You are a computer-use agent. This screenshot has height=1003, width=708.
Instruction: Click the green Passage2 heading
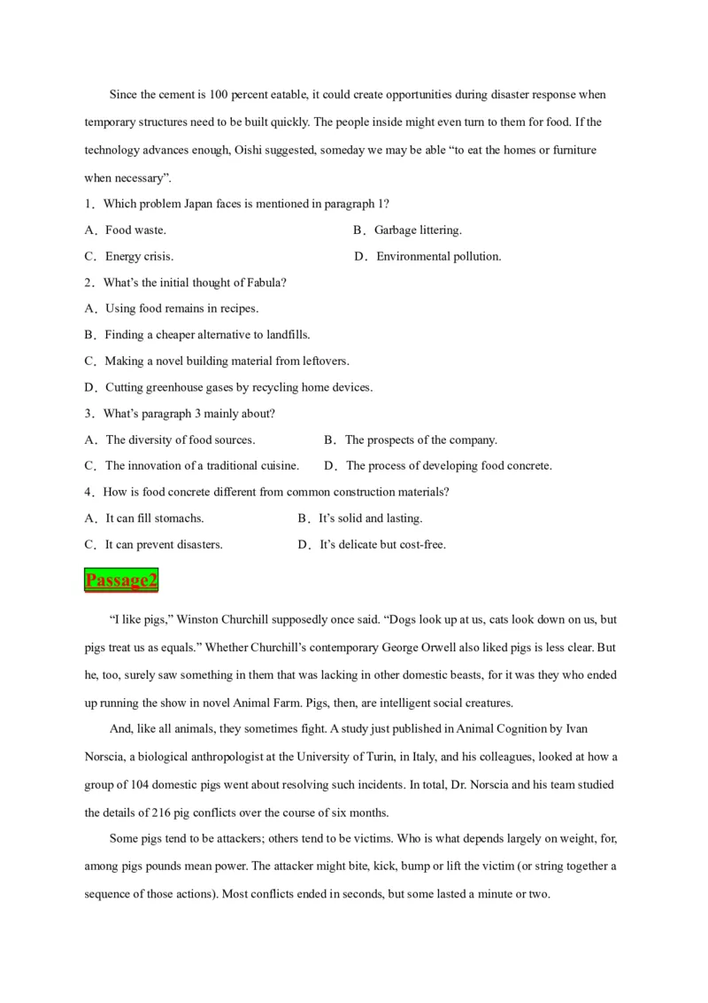121,580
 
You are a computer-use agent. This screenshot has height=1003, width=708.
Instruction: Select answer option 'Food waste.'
135,230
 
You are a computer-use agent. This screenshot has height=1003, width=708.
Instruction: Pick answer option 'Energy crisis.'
139,257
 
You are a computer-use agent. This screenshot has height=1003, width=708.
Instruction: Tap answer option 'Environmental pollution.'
439,257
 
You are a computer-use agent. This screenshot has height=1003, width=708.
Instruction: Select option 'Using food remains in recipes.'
181,309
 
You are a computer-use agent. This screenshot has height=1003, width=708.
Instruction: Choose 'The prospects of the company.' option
420,439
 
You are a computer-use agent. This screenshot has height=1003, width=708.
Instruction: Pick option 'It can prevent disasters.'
164,545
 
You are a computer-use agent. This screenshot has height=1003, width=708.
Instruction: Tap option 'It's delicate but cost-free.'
381,545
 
